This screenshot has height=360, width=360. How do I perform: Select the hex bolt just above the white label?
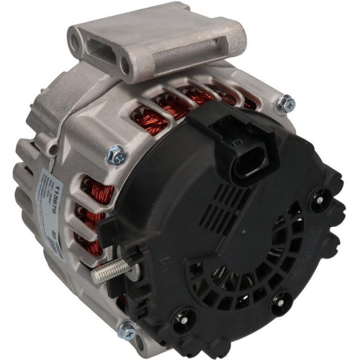pos(114,153)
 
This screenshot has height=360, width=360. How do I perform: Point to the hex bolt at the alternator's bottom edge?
pos(127,331)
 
